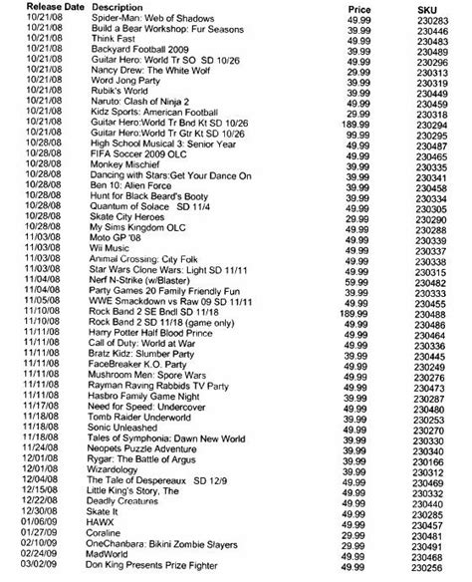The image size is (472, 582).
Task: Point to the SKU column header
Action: pyautogui.click(x=431, y=7)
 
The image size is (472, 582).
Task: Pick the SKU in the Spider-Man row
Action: pyautogui.click(x=430, y=17)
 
